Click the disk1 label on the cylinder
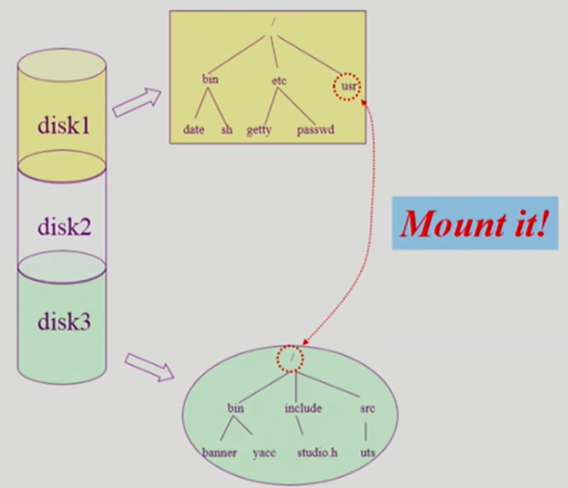[63, 126]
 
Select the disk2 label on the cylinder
[63, 225]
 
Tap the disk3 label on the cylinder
[63, 321]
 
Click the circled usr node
[346, 87]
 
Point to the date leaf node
[193, 129]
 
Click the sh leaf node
[227, 129]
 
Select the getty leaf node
[260, 130]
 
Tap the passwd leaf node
[315, 129]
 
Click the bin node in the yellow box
[210, 80]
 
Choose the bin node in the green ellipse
[235, 408]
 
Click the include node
[303, 408]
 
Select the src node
[367, 408]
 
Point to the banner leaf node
[220, 453]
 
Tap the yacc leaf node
[264, 453]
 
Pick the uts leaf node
[368, 453]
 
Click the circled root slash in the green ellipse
[293, 357]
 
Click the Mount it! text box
[474, 224]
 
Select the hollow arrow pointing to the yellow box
[136, 102]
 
